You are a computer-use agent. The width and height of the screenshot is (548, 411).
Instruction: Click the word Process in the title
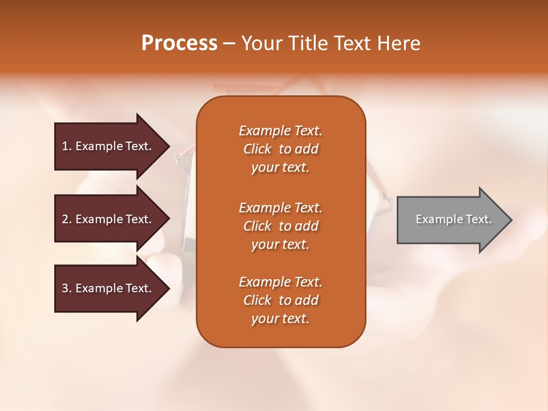tap(179, 43)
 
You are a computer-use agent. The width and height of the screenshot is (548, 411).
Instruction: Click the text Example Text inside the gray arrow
tap(453, 219)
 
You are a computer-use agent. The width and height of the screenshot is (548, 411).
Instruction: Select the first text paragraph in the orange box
tap(280, 149)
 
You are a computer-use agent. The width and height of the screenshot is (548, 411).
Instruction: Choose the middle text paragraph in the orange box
tap(280, 226)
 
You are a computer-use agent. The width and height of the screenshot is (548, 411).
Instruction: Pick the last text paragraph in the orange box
tap(280, 300)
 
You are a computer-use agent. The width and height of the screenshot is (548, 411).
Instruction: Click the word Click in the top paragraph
tap(257, 149)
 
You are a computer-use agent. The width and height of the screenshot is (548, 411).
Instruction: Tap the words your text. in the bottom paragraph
tap(280, 319)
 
